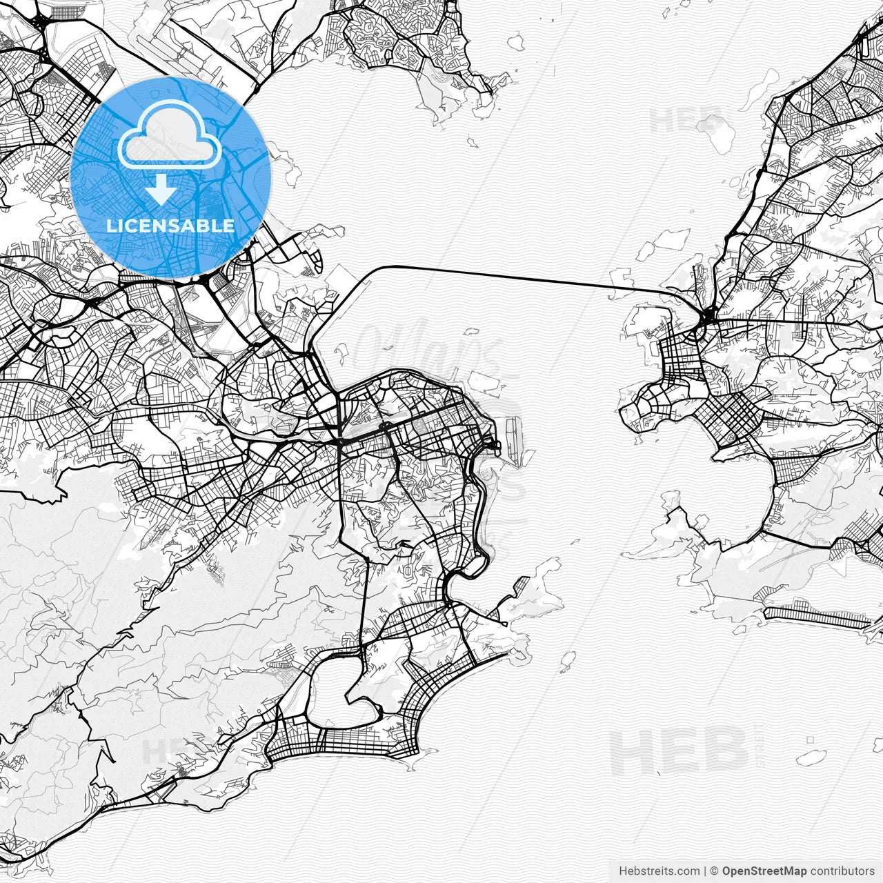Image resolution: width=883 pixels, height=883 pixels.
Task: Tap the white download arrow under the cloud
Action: pyautogui.click(x=161, y=190)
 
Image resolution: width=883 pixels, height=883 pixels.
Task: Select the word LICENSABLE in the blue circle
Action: pyautogui.click(x=170, y=226)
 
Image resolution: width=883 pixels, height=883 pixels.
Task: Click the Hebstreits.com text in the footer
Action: pyautogui.click(x=659, y=871)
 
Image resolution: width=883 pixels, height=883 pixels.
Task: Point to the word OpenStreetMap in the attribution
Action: pyautogui.click(x=764, y=871)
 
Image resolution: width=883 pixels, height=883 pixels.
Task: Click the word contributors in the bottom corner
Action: pyautogui.click(x=842, y=871)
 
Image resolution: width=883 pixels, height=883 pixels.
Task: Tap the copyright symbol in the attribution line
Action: pyautogui.click(x=715, y=871)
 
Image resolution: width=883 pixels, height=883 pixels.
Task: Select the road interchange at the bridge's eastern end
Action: pyautogui.click(x=708, y=319)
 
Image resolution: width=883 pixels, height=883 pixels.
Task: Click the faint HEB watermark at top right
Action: pyautogui.click(x=686, y=121)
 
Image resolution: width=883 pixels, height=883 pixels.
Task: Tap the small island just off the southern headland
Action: pyautogui.click(x=568, y=661)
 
